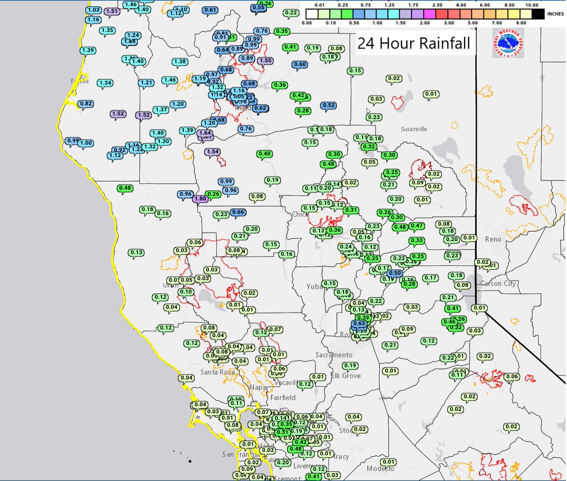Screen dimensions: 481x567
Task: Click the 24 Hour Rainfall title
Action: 414,43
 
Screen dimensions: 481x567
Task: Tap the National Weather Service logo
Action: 508,43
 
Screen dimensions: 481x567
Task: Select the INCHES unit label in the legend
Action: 555,14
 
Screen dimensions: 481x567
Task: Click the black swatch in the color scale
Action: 532,14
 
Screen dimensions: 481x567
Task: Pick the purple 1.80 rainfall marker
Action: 200,199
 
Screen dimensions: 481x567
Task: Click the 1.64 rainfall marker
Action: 205,133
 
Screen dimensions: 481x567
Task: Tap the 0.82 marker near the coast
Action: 86,104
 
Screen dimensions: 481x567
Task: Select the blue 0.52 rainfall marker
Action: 328,106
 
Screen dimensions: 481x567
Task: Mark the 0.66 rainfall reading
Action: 238,212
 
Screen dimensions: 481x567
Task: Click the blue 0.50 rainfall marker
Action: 395,273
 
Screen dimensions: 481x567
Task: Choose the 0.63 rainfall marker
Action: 359,323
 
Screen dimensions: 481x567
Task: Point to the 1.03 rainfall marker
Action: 94,10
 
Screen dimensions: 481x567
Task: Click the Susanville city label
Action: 414,129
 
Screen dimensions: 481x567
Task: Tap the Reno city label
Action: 493,239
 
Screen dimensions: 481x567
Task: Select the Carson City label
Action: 498,284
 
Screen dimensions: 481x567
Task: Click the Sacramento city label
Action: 334,354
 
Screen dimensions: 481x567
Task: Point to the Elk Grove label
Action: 345,376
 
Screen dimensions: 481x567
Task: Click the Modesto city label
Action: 380,468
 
